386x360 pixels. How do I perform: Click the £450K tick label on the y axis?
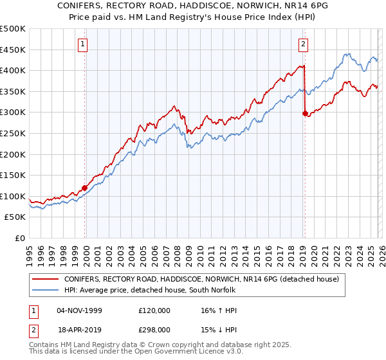(x=13, y=50)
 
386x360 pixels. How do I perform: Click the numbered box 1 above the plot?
(x=84, y=44)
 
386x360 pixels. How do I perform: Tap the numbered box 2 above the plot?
(x=303, y=44)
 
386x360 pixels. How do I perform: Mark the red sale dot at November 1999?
(x=84, y=188)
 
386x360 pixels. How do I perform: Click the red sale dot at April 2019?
(x=305, y=113)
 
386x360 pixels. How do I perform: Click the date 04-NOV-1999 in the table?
(x=79, y=310)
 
